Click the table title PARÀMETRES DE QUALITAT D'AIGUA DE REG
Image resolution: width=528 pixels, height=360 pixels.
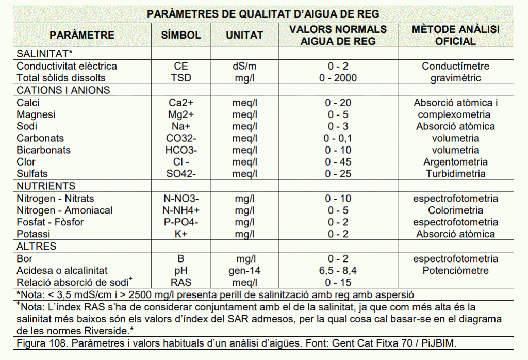click(263, 14)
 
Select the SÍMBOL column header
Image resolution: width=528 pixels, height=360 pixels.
click(181, 36)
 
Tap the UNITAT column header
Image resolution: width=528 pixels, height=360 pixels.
click(244, 36)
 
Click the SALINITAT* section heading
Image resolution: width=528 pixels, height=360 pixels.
click(44, 54)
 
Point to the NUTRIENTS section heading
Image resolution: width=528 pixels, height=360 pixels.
click(46, 186)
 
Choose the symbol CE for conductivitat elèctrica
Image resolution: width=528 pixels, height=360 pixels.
click(181, 66)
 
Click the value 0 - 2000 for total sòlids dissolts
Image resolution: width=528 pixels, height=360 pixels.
click(338, 78)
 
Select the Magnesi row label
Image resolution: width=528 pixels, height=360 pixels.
click(36, 114)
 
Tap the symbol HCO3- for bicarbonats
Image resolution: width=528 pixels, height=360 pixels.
click(181, 150)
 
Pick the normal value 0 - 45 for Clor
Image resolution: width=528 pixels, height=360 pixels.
click(338, 162)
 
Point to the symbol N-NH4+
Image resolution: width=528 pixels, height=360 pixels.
click(181, 210)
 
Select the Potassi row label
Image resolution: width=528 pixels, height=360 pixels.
click(34, 234)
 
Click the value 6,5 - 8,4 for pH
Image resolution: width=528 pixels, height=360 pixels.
click(338, 270)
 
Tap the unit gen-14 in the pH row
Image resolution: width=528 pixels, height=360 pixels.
click(244, 270)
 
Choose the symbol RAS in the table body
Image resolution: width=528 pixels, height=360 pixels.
click(181, 282)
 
